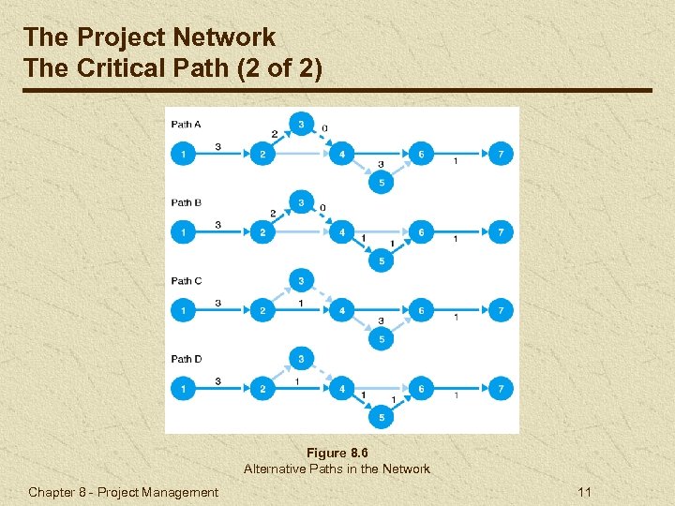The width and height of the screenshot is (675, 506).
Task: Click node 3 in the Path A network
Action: (x=301, y=124)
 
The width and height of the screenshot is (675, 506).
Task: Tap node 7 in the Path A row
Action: (x=502, y=153)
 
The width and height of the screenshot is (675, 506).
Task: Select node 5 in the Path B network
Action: (x=381, y=260)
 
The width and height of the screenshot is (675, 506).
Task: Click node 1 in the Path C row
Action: (x=184, y=309)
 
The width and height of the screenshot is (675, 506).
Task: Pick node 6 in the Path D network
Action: (x=421, y=387)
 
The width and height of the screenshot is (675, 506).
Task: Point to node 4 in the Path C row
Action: (x=341, y=309)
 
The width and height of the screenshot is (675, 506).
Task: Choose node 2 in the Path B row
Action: (x=263, y=231)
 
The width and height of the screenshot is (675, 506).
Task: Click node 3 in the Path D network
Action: (x=301, y=358)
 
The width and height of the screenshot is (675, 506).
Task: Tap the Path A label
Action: (x=186, y=124)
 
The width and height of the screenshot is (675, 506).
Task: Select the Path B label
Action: (x=186, y=202)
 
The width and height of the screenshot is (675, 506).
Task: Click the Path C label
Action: (x=186, y=280)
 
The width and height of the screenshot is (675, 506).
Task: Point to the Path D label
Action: (x=186, y=359)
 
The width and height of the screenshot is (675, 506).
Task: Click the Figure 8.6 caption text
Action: (x=337, y=453)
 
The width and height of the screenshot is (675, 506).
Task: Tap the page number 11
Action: (x=585, y=492)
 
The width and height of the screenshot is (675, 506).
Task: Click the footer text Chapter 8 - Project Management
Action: (x=123, y=492)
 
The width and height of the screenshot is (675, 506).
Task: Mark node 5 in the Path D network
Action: (x=381, y=417)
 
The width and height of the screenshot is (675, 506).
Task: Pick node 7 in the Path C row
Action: (x=502, y=309)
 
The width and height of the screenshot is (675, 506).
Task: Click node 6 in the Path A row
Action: (x=421, y=153)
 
